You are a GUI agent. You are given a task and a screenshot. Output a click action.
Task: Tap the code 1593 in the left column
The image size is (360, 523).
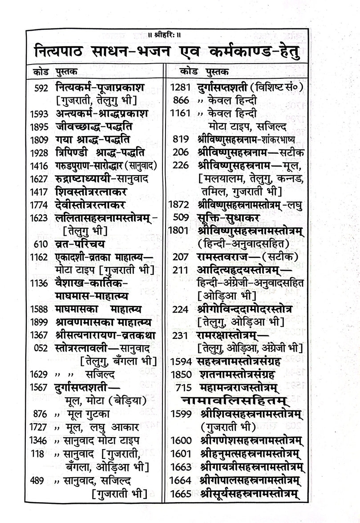[x=39, y=113]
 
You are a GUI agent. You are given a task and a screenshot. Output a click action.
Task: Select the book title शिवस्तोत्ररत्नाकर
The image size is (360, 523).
[x=91, y=192]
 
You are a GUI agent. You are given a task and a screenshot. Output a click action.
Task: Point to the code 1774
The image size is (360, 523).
[x=39, y=205]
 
